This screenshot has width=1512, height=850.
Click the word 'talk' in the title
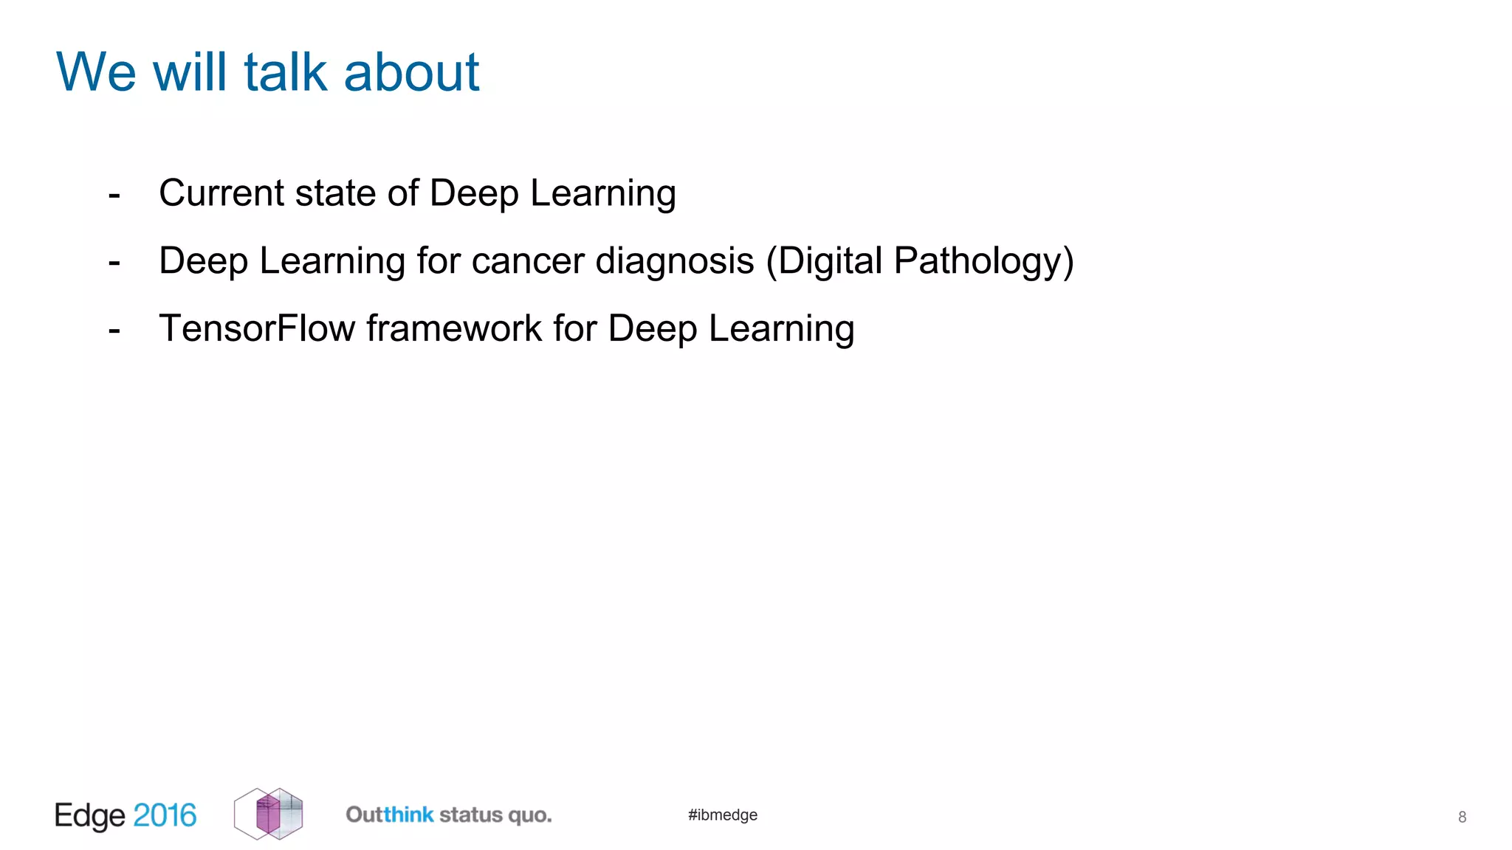[285, 72]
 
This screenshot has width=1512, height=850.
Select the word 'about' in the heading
[411, 72]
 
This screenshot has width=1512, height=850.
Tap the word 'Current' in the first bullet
[221, 193]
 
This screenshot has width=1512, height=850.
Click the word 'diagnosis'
[675, 261]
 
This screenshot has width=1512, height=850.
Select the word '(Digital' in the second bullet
[824, 261]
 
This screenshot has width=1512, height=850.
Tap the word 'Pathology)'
[983, 261]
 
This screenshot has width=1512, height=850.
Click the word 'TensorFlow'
[257, 328]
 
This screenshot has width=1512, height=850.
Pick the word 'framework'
[454, 328]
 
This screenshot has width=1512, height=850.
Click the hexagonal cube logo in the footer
[269, 814]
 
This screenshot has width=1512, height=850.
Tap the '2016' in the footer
[165, 815]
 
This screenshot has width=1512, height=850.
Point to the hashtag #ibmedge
[723, 815]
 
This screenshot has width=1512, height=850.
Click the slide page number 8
[1462, 817]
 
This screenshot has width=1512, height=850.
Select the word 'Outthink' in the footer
[390, 815]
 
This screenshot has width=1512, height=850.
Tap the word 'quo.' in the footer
[530, 815]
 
